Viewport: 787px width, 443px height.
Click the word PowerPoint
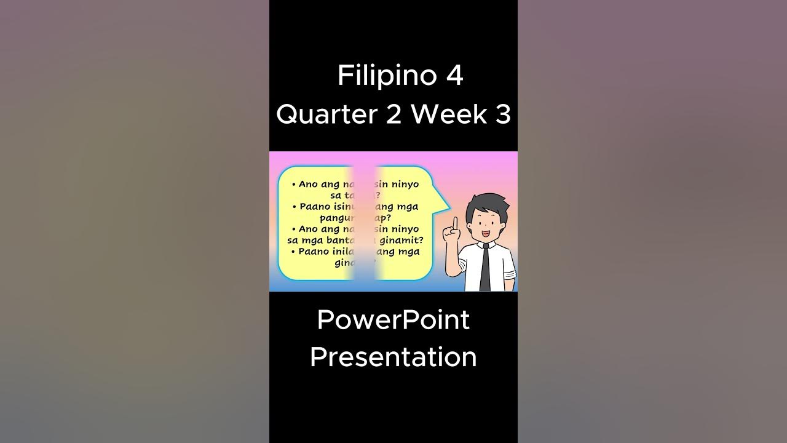coord(393,320)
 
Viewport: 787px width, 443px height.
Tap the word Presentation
coord(393,357)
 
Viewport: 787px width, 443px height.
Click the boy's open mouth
coord(485,234)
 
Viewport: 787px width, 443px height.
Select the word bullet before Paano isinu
coord(295,207)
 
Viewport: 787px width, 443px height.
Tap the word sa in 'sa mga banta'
coord(293,240)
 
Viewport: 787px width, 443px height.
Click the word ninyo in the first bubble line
coord(403,184)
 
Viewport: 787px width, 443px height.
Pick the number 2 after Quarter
coord(393,114)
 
